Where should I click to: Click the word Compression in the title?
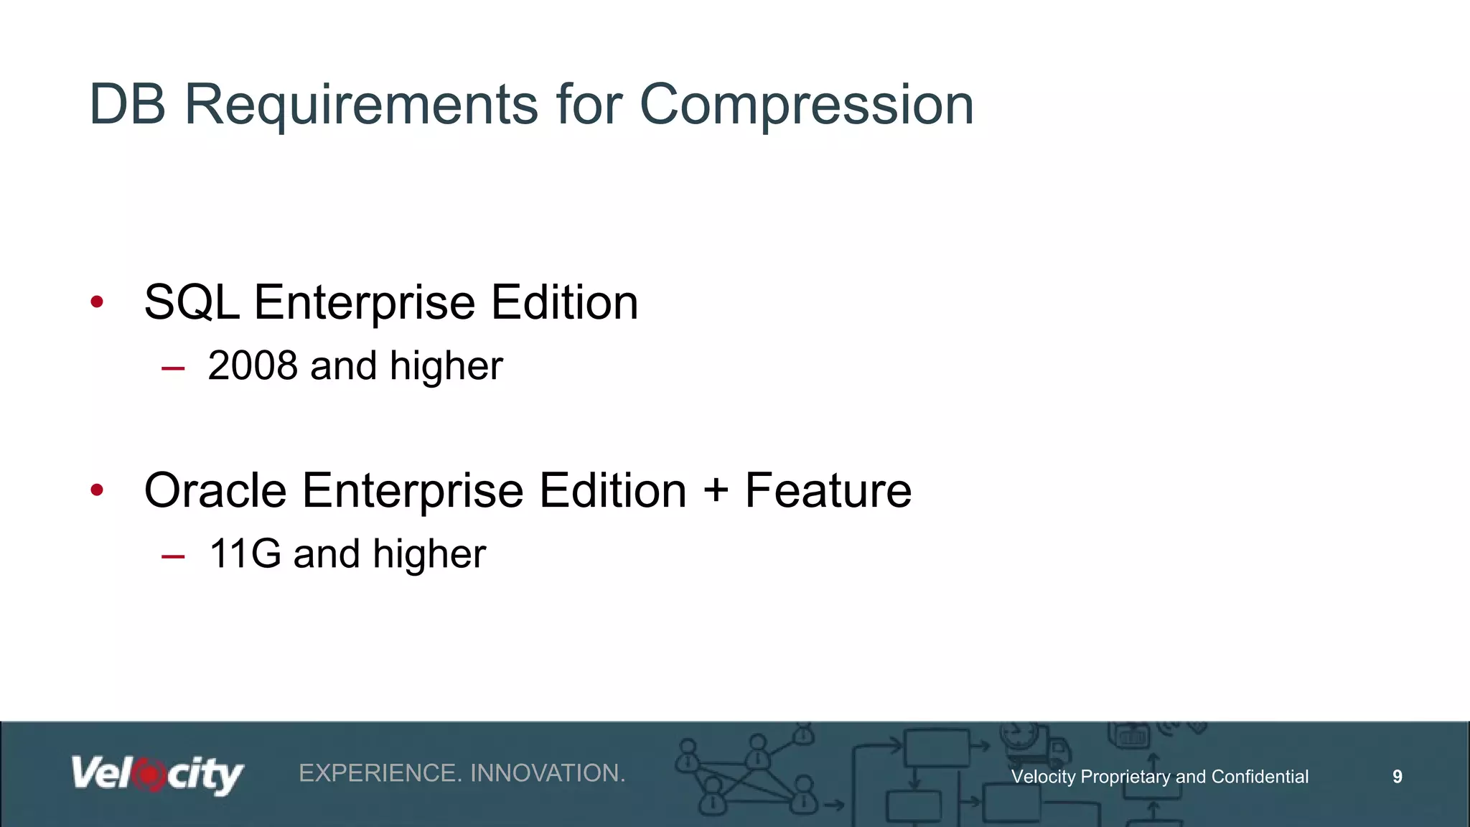coord(806,106)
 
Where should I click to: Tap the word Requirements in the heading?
coord(361,106)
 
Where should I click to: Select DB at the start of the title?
coord(127,104)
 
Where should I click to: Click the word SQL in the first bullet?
coord(192,302)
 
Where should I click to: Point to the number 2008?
coord(253,366)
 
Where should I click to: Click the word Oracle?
coord(215,490)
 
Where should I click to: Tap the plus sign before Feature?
coord(716,491)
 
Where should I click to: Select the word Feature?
coord(828,490)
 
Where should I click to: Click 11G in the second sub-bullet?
coord(245,554)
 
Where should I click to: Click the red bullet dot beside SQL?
coord(98,302)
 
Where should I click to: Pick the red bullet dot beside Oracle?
coord(98,491)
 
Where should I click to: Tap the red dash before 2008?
coord(173,369)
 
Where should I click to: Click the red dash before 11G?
coord(173,557)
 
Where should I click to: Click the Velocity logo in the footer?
coord(157,775)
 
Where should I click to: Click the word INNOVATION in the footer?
coord(548,773)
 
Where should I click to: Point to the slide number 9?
coord(1397,776)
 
